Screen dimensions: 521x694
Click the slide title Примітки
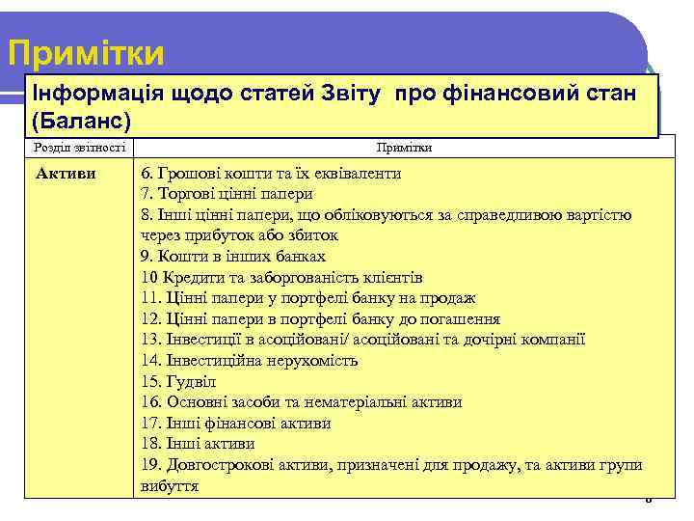tap(86, 53)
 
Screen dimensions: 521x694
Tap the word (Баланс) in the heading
tap(81, 122)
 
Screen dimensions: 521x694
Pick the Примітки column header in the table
tap(404, 148)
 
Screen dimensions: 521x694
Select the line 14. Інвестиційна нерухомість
tap(249, 361)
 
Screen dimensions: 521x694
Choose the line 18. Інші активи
tap(198, 444)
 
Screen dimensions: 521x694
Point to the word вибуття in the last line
tap(169, 485)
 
